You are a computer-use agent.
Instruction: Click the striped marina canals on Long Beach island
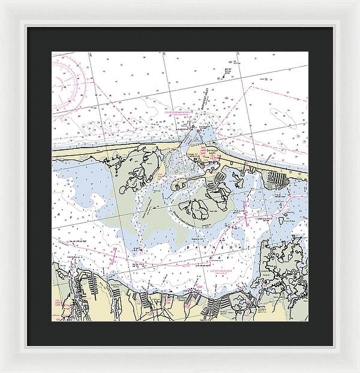(277, 178)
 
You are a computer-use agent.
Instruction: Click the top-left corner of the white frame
(2, 2)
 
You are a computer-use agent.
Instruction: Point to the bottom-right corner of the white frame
(358, 371)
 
